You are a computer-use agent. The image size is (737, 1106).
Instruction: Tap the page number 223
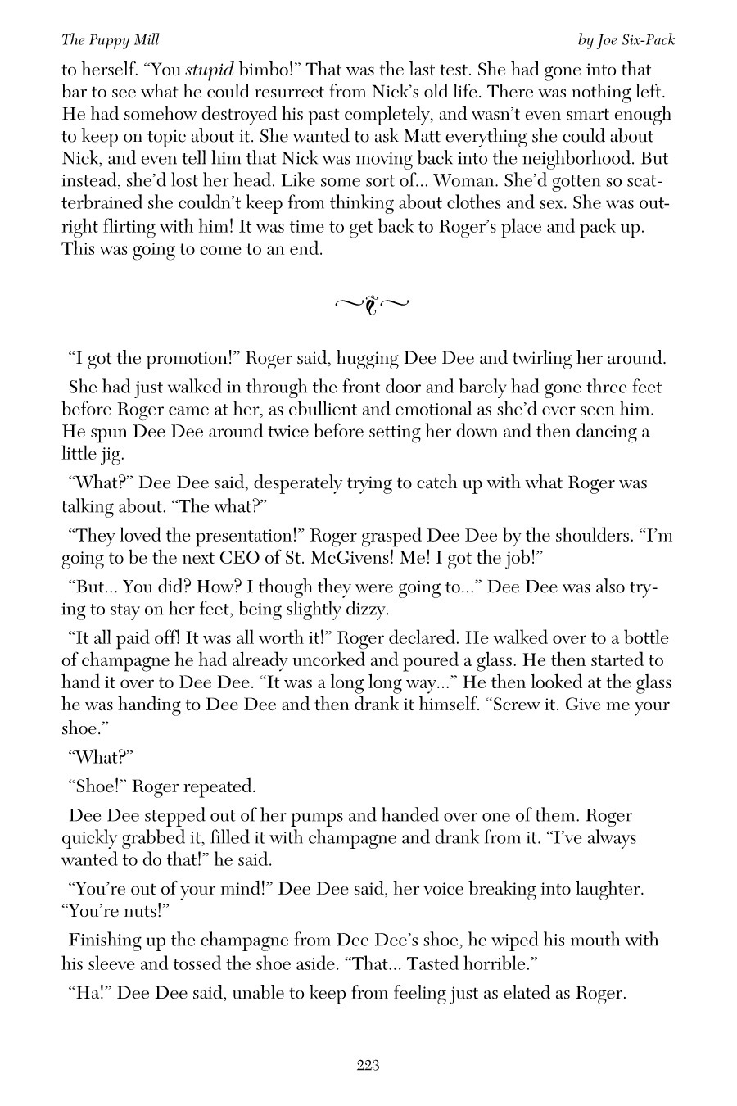click(368, 1065)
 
